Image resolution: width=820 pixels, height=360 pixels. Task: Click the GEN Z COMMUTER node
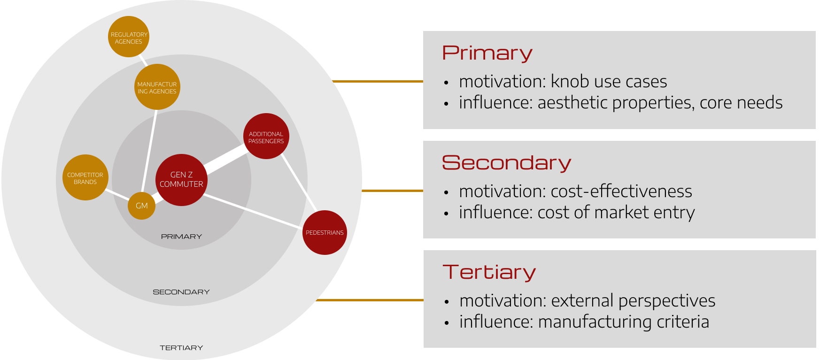(181, 179)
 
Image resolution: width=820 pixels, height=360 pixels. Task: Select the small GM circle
(141, 206)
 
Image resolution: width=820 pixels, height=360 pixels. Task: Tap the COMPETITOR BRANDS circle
(85, 178)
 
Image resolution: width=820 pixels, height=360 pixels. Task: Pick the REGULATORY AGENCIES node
(129, 38)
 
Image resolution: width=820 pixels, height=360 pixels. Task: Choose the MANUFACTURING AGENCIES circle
(157, 87)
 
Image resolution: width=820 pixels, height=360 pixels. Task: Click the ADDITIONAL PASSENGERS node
(266, 137)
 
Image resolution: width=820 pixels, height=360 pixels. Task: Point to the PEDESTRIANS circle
(325, 232)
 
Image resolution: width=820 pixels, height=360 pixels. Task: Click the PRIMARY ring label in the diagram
(181, 237)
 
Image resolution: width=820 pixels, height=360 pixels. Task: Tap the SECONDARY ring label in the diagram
(181, 292)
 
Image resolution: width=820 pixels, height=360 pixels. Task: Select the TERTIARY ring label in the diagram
(181, 348)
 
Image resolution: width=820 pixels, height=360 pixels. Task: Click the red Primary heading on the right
(487, 53)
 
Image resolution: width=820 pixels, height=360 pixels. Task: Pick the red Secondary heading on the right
(506, 163)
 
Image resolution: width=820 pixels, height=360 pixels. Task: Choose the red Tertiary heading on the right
(489, 272)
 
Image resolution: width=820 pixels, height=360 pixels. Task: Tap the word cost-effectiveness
(621, 191)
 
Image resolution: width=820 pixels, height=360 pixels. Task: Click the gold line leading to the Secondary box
(392, 191)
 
